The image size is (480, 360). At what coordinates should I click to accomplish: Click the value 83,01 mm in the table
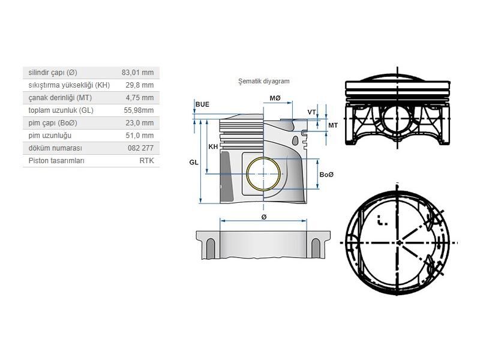137,73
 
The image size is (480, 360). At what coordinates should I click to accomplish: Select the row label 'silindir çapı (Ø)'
53,73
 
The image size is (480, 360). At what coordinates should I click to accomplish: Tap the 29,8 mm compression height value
140,85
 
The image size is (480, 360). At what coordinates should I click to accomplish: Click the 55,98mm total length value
139,110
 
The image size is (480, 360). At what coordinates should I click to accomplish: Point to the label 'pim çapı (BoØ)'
53,123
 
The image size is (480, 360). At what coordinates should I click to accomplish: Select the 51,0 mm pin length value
140,136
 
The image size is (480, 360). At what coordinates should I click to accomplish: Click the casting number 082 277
140,148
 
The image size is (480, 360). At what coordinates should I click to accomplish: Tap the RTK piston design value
146,161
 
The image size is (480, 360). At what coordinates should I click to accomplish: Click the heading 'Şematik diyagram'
264,81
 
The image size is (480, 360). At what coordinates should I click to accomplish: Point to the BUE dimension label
202,104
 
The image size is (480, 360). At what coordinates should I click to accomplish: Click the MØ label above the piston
275,98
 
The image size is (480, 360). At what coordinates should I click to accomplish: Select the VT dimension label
311,112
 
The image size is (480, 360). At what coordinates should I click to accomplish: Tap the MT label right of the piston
333,125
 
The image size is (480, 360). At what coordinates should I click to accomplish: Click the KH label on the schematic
213,146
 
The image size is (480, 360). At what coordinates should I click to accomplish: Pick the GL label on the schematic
194,162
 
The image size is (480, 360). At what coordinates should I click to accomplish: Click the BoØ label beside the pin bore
326,175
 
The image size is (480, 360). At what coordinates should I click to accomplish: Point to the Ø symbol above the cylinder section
264,217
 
